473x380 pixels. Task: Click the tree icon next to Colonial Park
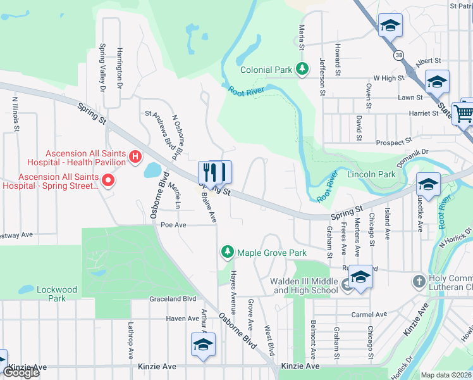click(302, 68)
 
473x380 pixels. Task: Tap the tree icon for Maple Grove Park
click(227, 253)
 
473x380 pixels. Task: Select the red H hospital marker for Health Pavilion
click(134, 156)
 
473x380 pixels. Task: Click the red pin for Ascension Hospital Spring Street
click(107, 182)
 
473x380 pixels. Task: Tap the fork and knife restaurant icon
click(215, 172)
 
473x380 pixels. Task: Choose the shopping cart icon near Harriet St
click(465, 114)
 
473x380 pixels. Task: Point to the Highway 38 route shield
click(397, 55)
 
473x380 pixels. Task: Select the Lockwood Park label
click(56, 294)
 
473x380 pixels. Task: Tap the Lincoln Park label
click(371, 174)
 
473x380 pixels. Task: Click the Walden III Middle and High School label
click(304, 286)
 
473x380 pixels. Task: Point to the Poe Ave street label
click(173, 225)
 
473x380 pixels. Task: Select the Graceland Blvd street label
click(173, 299)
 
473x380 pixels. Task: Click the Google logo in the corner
click(21, 372)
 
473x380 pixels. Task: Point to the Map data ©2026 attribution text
click(446, 375)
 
